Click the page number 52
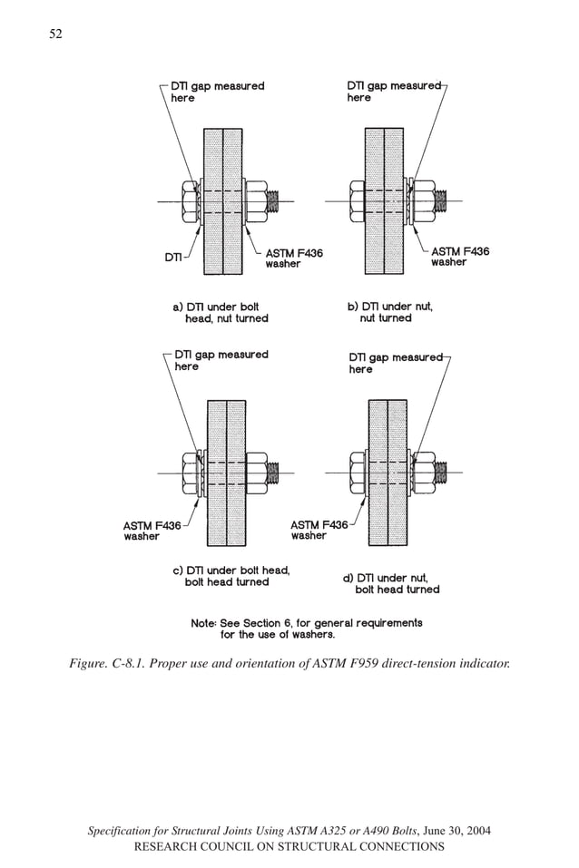pyautogui.click(x=56, y=34)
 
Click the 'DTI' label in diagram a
pyautogui.click(x=173, y=257)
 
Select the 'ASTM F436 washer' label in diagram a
pyautogui.click(x=293, y=258)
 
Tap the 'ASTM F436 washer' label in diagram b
pyautogui.click(x=460, y=257)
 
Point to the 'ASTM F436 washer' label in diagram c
pyautogui.click(x=152, y=530)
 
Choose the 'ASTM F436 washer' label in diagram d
pyautogui.click(x=319, y=530)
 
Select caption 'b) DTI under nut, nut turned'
pyautogui.click(x=391, y=312)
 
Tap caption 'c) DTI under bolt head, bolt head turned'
pyautogui.click(x=231, y=576)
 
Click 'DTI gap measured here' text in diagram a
pyautogui.click(x=218, y=92)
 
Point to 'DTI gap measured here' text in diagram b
pyautogui.click(x=393, y=92)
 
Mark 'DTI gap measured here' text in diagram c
pyautogui.click(x=221, y=360)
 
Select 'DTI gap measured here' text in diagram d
pyautogui.click(x=395, y=363)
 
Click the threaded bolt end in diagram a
pyautogui.click(x=280, y=201)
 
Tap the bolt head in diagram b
pyautogui.click(x=358, y=201)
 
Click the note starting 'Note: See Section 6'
pyautogui.click(x=306, y=629)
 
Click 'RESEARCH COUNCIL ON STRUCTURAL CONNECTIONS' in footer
pyautogui.click(x=289, y=846)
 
